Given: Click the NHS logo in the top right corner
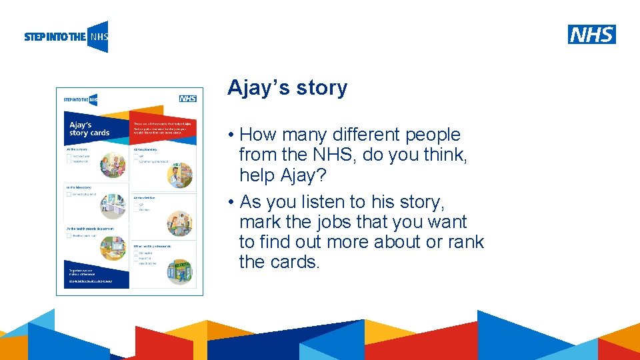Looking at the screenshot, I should [591, 35].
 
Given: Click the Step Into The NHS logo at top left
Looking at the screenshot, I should [65, 37].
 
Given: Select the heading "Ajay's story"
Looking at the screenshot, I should [287, 88].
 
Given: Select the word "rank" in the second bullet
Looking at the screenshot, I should [465, 242].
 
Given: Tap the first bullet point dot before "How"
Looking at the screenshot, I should [230, 135].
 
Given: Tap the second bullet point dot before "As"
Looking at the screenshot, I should [230, 203].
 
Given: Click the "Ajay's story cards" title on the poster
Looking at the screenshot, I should [89, 128].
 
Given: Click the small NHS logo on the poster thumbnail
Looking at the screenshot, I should [187, 99].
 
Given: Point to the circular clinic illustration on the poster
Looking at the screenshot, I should [179, 223].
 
